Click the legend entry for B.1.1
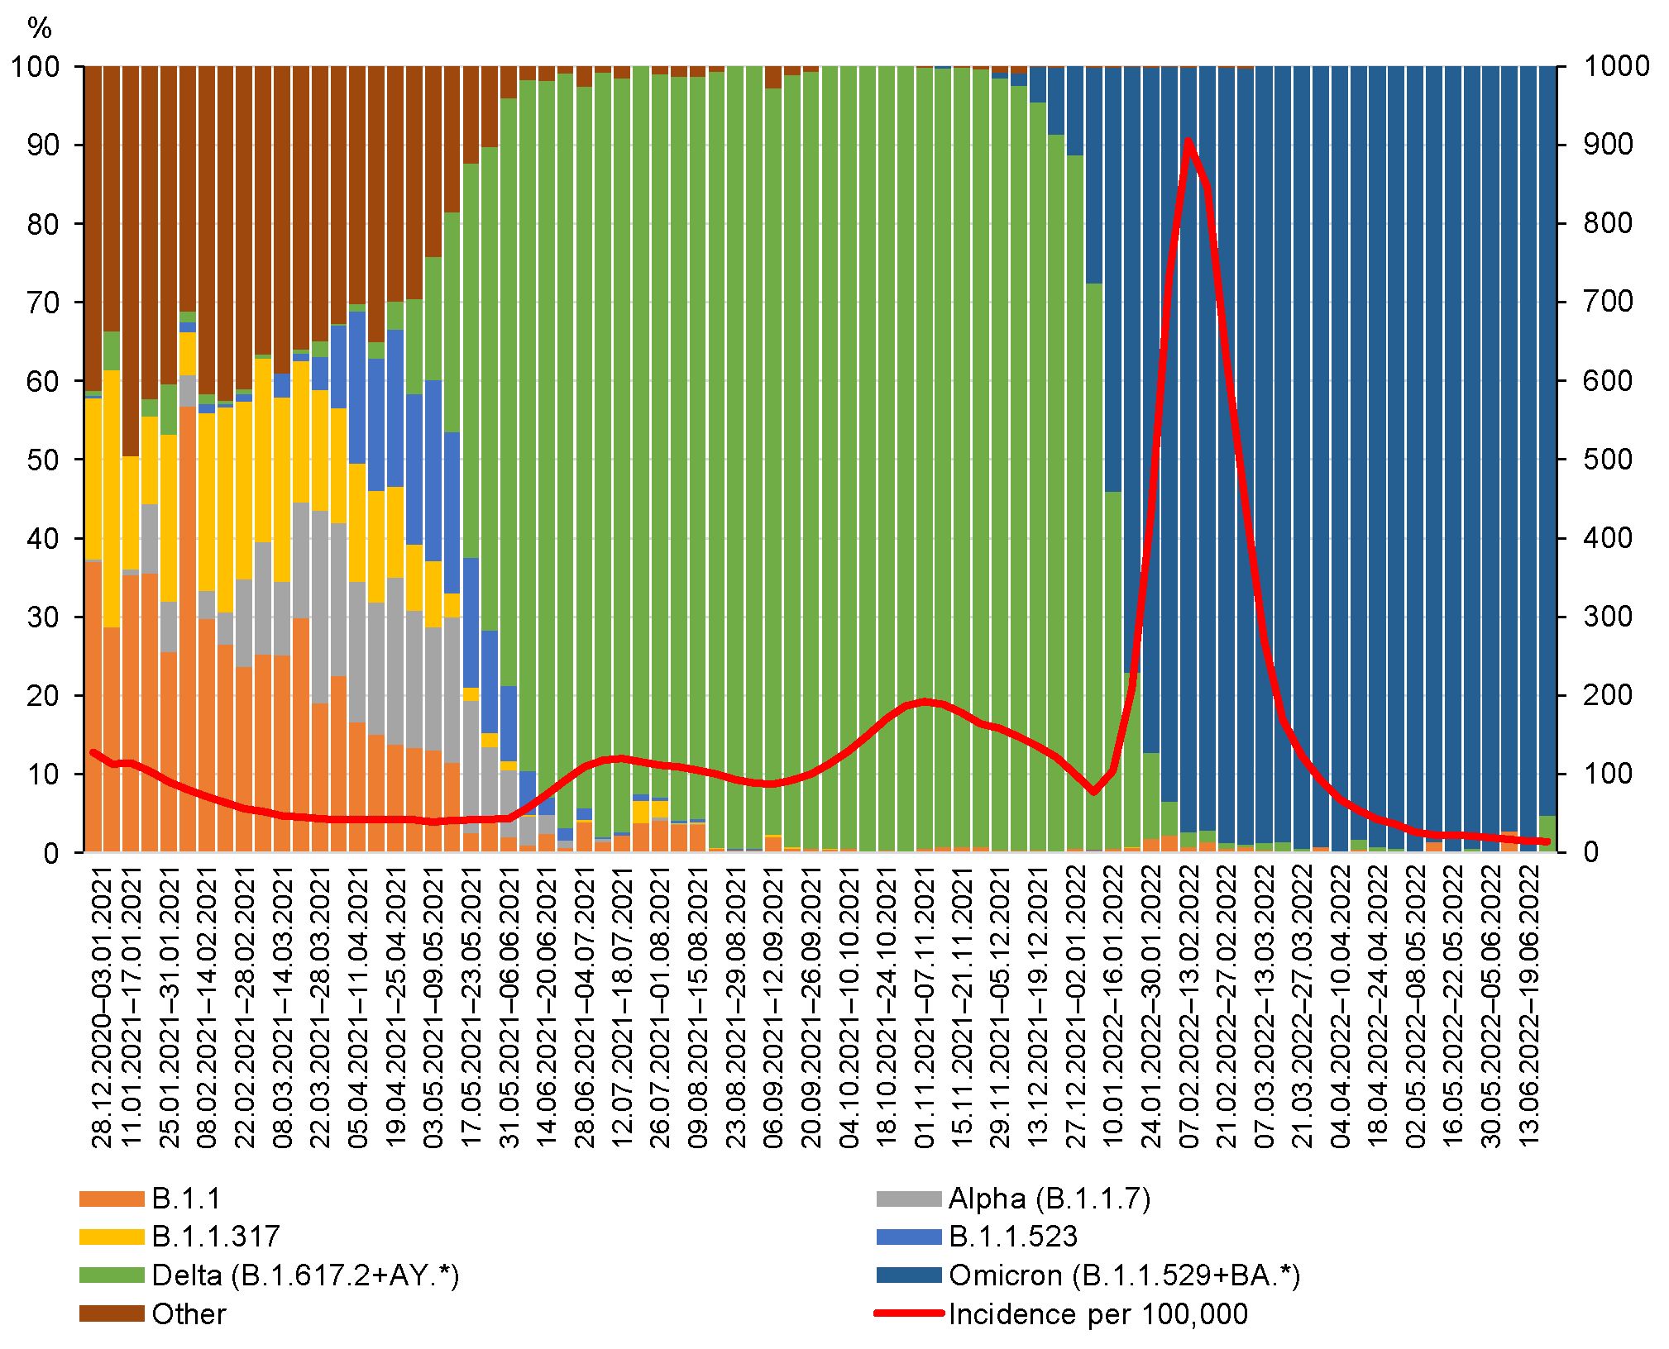point(186,1199)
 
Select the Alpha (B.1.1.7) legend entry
point(1049,1199)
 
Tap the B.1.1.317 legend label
point(215,1237)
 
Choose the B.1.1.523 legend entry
point(1012,1237)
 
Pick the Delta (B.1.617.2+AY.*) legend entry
point(304,1275)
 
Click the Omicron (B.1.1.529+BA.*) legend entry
point(1123,1275)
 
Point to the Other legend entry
point(189,1314)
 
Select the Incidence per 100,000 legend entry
point(1098,1314)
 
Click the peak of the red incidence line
point(1188,141)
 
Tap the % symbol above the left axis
point(40,30)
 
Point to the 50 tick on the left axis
point(43,460)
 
